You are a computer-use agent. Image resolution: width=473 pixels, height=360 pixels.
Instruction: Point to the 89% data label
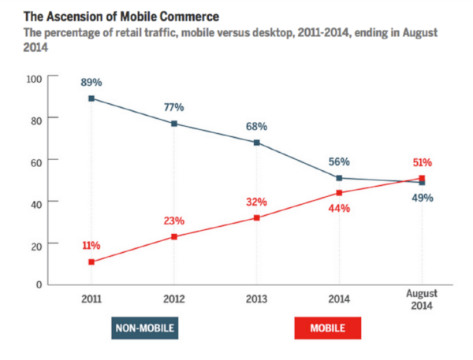coord(92,82)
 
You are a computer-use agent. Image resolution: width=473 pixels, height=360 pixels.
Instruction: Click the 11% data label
coord(92,246)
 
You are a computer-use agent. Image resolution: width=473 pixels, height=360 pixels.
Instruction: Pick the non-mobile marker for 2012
coord(174,124)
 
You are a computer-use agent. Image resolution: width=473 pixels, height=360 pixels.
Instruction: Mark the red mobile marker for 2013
coord(256,217)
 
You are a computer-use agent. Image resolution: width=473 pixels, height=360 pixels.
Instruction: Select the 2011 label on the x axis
coord(92,299)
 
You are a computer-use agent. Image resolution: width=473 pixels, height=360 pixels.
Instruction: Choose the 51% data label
coord(422,163)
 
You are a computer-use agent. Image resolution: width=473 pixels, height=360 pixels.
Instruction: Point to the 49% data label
coord(422,198)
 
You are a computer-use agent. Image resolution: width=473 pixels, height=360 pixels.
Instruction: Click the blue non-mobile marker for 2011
coord(92,98)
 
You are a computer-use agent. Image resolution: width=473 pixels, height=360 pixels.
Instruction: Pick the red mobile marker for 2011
coord(92,262)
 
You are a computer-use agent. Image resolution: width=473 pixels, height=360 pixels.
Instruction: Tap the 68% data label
coord(256,126)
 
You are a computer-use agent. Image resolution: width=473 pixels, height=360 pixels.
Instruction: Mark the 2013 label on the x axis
coord(256,299)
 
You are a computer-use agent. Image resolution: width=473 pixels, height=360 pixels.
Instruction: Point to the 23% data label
coord(174,221)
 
